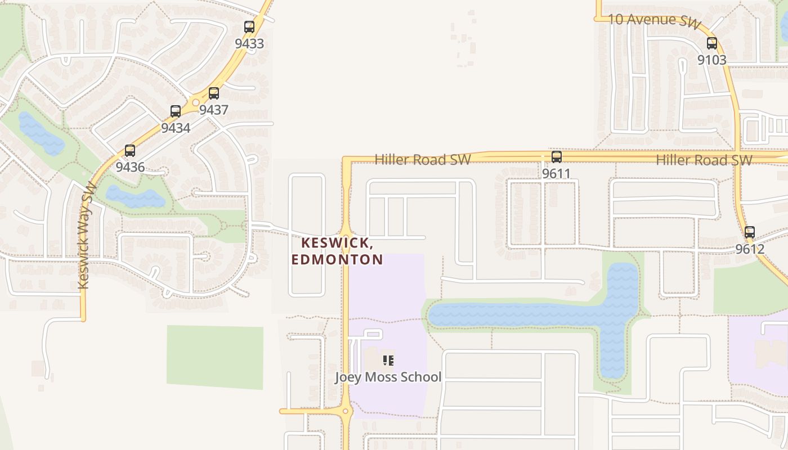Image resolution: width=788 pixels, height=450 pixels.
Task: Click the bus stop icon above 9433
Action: click(x=249, y=26)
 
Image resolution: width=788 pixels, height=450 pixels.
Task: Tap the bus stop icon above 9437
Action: click(x=213, y=93)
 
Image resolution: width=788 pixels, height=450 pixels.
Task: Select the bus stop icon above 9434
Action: click(x=175, y=111)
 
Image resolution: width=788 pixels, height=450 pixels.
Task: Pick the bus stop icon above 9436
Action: click(x=129, y=151)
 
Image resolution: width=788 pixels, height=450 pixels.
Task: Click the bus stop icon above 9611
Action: click(x=556, y=157)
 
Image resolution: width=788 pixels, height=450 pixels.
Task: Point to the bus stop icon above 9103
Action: click(x=711, y=43)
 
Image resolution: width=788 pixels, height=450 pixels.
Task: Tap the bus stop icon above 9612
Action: click(x=749, y=232)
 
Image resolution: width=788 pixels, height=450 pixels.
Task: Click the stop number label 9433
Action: click(x=249, y=43)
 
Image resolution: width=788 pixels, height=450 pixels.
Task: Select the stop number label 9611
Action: click(x=556, y=174)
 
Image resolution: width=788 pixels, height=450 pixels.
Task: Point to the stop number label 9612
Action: click(x=749, y=249)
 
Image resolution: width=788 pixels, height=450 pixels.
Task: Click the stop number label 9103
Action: click(x=711, y=60)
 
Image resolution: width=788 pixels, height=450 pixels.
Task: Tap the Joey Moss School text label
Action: click(x=388, y=377)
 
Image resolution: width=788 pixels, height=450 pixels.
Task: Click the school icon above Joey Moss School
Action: click(x=388, y=360)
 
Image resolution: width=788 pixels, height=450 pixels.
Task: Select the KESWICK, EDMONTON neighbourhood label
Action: click(x=337, y=251)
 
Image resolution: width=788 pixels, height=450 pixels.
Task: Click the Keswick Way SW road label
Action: click(x=84, y=236)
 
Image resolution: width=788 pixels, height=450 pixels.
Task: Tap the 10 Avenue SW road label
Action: click(x=655, y=20)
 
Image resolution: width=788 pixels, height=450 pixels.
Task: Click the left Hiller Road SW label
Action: click(x=422, y=160)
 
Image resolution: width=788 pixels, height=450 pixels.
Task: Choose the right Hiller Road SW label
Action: click(x=704, y=160)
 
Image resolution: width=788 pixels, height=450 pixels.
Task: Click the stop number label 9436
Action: click(x=129, y=167)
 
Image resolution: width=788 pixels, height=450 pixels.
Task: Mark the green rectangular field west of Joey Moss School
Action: click(x=214, y=357)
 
